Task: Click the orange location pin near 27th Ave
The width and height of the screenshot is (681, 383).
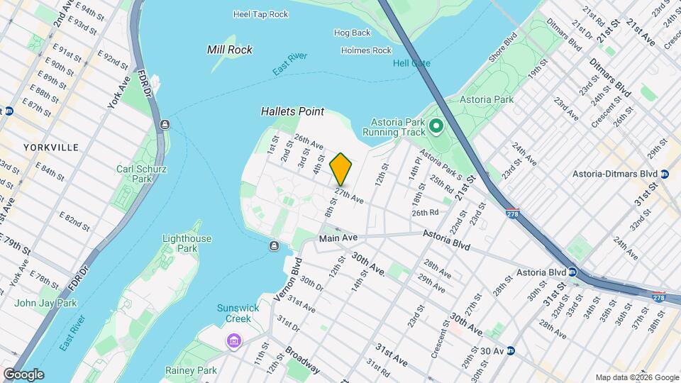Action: tap(340, 169)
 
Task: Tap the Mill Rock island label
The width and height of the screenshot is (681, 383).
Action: tap(229, 50)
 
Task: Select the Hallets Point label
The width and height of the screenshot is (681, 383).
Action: tap(292, 111)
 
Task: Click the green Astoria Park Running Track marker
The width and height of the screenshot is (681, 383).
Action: tap(436, 128)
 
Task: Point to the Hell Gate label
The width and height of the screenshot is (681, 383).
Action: tap(411, 63)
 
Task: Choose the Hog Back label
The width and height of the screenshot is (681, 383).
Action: tap(352, 33)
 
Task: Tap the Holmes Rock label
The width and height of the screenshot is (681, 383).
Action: tap(366, 50)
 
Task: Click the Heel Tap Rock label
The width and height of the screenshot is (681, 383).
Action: tap(261, 14)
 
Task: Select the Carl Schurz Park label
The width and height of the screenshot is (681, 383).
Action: tap(134, 174)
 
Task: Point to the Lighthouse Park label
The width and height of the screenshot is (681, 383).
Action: tap(187, 243)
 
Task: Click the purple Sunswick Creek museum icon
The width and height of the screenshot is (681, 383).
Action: tap(233, 343)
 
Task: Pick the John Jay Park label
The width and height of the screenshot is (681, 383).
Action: tap(45, 303)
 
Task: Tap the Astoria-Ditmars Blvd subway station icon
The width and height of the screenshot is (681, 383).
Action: tap(664, 174)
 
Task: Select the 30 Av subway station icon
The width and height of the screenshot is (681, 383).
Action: tap(509, 350)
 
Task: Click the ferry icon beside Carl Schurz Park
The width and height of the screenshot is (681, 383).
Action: tap(165, 125)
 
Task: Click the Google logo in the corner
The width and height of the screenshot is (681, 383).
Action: tap(23, 374)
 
